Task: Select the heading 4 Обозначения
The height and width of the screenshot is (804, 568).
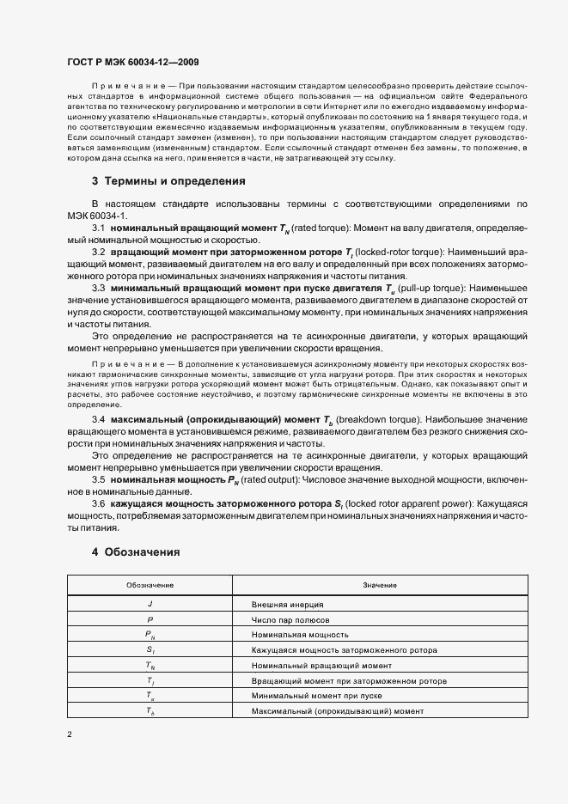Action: pyautogui.click(x=136, y=552)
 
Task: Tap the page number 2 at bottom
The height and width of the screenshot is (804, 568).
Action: pyautogui.click(x=70, y=734)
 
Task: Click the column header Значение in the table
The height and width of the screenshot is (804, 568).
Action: pyautogui.click(x=379, y=584)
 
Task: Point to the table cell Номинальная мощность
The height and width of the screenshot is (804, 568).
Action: pyautogui.click(x=295, y=634)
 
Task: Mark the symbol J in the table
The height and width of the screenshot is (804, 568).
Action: pyautogui.click(x=150, y=605)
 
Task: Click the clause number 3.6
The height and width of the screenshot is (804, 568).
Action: pyautogui.click(x=99, y=503)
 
